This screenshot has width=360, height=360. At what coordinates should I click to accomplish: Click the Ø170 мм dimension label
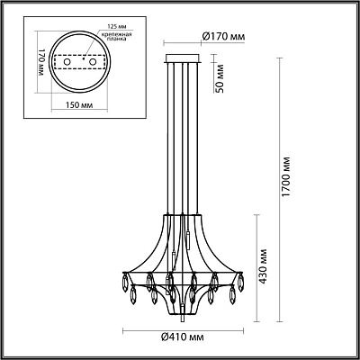point(224,37)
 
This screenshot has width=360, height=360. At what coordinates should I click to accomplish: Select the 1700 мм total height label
point(286,176)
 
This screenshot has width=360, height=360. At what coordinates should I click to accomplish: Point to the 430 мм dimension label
point(263,266)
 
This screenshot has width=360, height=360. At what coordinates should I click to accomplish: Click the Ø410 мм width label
point(183,337)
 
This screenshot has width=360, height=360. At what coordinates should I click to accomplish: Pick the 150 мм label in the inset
point(79,105)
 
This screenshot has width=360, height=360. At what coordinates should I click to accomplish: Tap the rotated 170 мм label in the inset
point(42,62)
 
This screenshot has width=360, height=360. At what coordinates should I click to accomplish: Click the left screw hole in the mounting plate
point(67,62)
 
